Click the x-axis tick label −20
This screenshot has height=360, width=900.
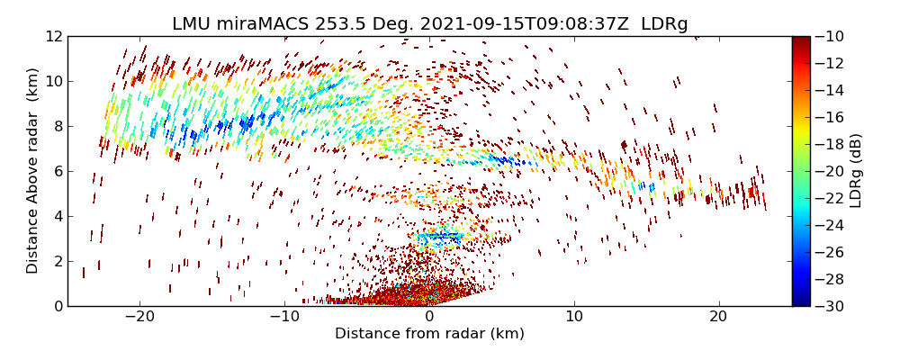(x=139, y=317)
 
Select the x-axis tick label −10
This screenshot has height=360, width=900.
(x=284, y=317)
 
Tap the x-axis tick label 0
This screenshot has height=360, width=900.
(x=429, y=317)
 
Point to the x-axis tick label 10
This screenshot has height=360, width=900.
(x=574, y=317)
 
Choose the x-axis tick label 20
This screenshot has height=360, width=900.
(x=718, y=317)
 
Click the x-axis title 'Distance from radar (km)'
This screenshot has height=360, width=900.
(x=429, y=334)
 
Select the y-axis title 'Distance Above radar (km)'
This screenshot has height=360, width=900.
(x=33, y=171)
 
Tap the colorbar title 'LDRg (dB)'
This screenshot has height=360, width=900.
(x=856, y=171)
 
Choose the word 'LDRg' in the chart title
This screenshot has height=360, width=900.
(x=664, y=24)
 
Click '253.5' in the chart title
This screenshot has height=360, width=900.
(x=339, y=24)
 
